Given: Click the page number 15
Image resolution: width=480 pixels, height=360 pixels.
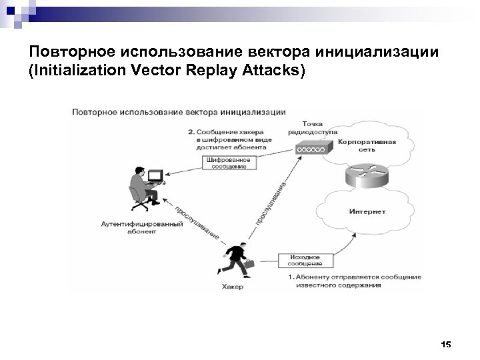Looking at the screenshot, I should (x=446, y=344).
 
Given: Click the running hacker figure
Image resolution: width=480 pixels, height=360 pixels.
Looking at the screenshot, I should (x=235, y=259).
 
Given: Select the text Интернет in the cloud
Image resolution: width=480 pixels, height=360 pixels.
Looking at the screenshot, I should (x=367, y=212).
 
